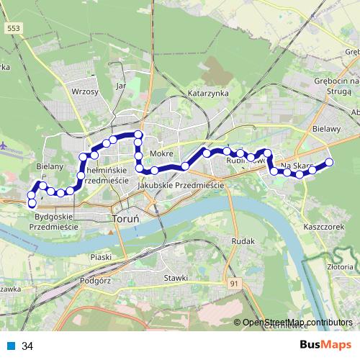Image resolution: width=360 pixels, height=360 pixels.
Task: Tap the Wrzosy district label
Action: [x=84, y=91]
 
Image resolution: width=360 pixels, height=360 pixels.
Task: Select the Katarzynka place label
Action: [x=208, y=94]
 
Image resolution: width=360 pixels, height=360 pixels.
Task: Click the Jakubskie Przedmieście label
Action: [x=180, y=185]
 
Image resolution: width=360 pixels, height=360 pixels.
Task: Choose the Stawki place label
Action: [x=176, y=278]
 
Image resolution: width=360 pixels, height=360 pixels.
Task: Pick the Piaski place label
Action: [x=102, y=257]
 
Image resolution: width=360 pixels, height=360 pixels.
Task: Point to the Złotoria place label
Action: [x=340, y=266]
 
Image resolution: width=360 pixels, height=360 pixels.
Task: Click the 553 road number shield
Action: [x=12, y=28]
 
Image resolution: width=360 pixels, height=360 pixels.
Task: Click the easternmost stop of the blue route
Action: [x=330, y=162]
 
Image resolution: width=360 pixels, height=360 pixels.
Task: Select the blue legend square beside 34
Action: [x=12, y=346]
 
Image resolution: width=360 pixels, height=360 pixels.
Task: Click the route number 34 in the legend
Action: [x=27, y=346]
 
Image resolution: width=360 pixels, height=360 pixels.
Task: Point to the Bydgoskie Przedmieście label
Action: [x=53, y=221]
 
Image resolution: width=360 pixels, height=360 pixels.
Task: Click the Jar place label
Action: [x=120, y=85]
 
